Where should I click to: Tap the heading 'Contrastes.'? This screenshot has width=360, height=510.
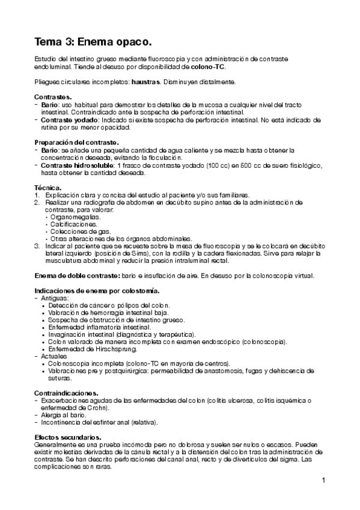pyautogui.click(x=53, y=97)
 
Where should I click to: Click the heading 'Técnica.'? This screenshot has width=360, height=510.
pyautogui.click(x=49, y=188)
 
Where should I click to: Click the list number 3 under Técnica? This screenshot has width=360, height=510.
pyautogui.click(x=37, y=246)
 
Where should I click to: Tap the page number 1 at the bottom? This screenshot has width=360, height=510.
pyautogui.click(x=323, y=481)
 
